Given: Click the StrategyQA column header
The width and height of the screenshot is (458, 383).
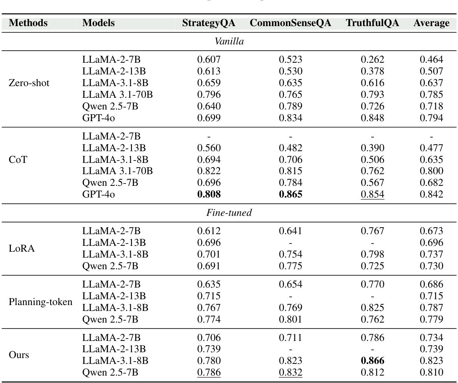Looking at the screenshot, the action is tap(209, 23).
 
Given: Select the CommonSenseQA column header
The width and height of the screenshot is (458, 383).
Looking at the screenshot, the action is tap(290, 23).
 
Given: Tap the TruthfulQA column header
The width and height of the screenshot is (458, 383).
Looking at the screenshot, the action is tap(372, 23).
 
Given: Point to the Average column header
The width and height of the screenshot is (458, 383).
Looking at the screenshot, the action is tap(431, 23).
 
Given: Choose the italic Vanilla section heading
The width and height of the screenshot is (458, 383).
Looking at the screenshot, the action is tap(229, 42).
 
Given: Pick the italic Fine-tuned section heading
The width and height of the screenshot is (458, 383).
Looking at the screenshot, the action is tap(229, 213).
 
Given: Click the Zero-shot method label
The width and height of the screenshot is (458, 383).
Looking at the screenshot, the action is tap(29, 83).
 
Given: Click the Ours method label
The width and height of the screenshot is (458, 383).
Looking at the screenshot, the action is tap(19, 355).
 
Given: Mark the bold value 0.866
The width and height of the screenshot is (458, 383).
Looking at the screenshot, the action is tap(372, 361).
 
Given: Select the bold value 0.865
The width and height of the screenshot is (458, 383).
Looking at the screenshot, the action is tap(290, 194).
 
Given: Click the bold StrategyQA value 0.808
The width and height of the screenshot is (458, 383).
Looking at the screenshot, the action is tap(209, 194).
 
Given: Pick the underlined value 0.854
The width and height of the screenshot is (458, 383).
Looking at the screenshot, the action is tap(372, 194).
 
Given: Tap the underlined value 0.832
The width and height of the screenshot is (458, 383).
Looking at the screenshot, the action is tap(290, 372).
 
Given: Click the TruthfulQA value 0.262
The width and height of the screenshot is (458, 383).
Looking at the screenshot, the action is tap(372, 60).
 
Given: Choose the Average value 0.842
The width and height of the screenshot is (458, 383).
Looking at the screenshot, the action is tap(431, 194).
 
